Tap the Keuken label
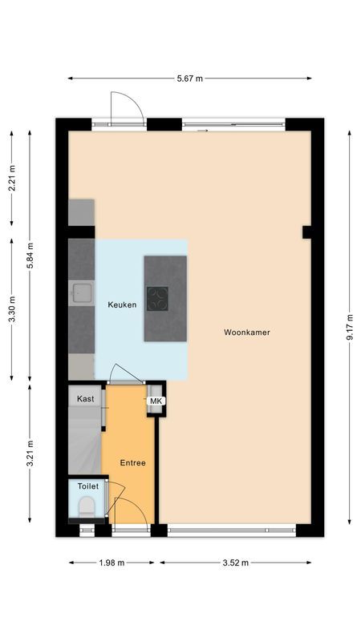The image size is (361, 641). [x=122, y=304]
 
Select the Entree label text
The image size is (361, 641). [x=132, y=463]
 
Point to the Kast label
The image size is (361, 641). [x=86, y=398]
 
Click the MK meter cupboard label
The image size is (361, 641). [x=156, y=401]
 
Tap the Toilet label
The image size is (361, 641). [x=87, y=486]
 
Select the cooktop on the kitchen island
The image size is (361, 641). [x=158, y=298]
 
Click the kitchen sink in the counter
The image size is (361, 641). [x=81, y=293]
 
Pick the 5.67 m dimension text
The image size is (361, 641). [x=189, y=78]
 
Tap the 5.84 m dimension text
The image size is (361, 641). [x=30, y=256]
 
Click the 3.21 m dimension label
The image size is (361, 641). [x=30, y=454]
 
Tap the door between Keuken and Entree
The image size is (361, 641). [x=126, y=374]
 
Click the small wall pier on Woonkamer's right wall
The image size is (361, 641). [x=306, y=232]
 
